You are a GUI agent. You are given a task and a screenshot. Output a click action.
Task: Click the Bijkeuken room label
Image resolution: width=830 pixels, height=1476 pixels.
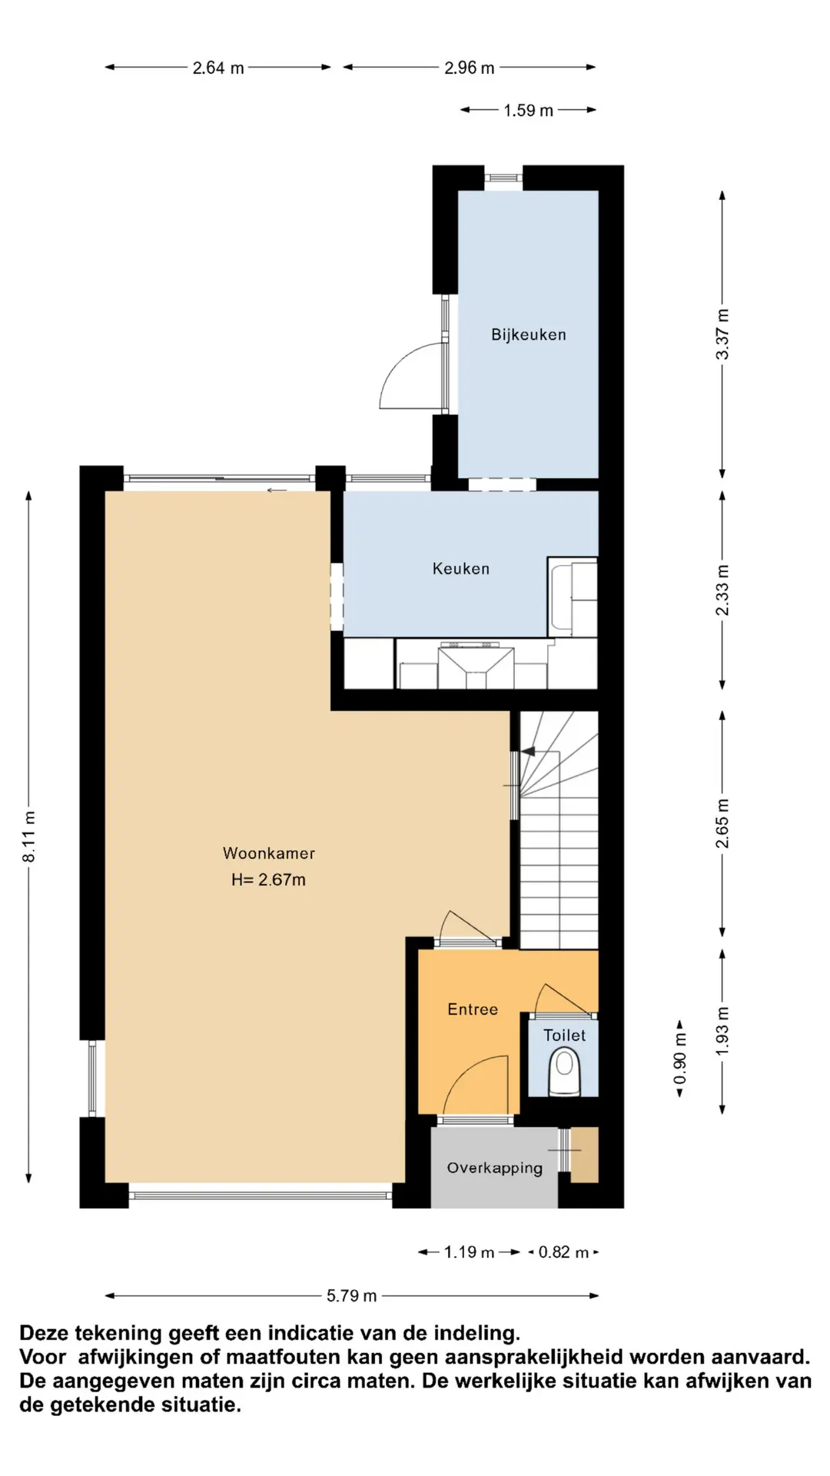tap(529, 334)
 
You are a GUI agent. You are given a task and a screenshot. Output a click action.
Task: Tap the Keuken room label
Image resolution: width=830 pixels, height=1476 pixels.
tap(460, 568)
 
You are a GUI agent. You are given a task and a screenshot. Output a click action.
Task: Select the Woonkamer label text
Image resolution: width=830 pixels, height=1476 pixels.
tap(269, 853)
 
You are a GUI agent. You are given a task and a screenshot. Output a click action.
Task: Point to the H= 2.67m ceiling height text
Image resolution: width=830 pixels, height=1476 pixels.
tap(268, 879)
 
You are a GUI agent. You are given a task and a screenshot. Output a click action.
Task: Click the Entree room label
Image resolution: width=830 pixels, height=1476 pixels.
tap(473, 1009)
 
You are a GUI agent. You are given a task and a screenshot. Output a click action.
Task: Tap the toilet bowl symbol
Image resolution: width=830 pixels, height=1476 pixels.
tap(565, 1072)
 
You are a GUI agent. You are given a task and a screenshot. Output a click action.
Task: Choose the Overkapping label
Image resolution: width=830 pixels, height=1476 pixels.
tap(495, 1168)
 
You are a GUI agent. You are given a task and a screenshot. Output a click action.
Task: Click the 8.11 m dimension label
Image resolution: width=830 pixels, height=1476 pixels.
tap(29, 836)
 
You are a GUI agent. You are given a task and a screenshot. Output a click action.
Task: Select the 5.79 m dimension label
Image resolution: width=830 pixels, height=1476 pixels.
tap(352, 1295)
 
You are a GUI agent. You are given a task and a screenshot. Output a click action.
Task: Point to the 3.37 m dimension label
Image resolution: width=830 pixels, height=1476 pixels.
tap(722, 334)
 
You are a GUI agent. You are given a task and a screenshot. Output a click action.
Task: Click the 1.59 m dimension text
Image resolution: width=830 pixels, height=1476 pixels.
tap(529, 111)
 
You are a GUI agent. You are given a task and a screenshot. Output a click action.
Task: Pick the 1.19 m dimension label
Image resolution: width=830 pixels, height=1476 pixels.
tap(470, 1252)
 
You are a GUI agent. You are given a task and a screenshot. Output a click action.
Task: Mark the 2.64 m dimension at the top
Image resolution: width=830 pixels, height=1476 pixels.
tap(218, 68)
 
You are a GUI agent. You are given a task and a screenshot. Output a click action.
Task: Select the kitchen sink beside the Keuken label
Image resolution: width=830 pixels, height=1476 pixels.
tap(573, 597)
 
